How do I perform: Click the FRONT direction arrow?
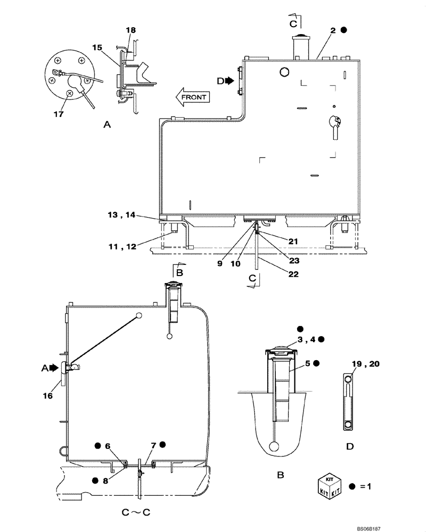193,97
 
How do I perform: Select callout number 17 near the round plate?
59,113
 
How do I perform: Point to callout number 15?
96,47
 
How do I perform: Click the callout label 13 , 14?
122,215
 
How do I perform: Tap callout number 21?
292,241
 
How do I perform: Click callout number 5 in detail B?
308,363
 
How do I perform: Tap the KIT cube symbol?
328,487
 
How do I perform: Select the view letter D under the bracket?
350,446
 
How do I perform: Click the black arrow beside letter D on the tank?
230,80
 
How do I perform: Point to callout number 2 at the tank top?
333,31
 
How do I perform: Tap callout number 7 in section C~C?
153,445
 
